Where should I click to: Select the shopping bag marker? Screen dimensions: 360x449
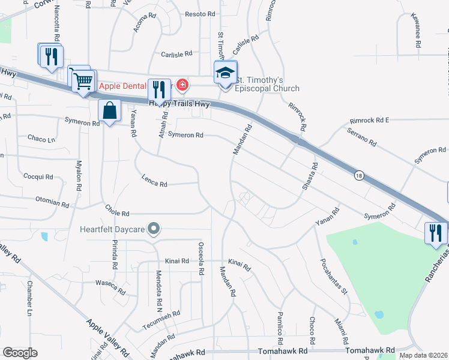pyautogui.click(x=109, y=111)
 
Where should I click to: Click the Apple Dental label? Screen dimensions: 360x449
pyautogui.click(x=124, y=86)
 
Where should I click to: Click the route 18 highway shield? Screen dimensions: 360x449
pyautogui.click(x=358, y=175)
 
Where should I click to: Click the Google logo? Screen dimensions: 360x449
pyautogui.click(x=20, y=353)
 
